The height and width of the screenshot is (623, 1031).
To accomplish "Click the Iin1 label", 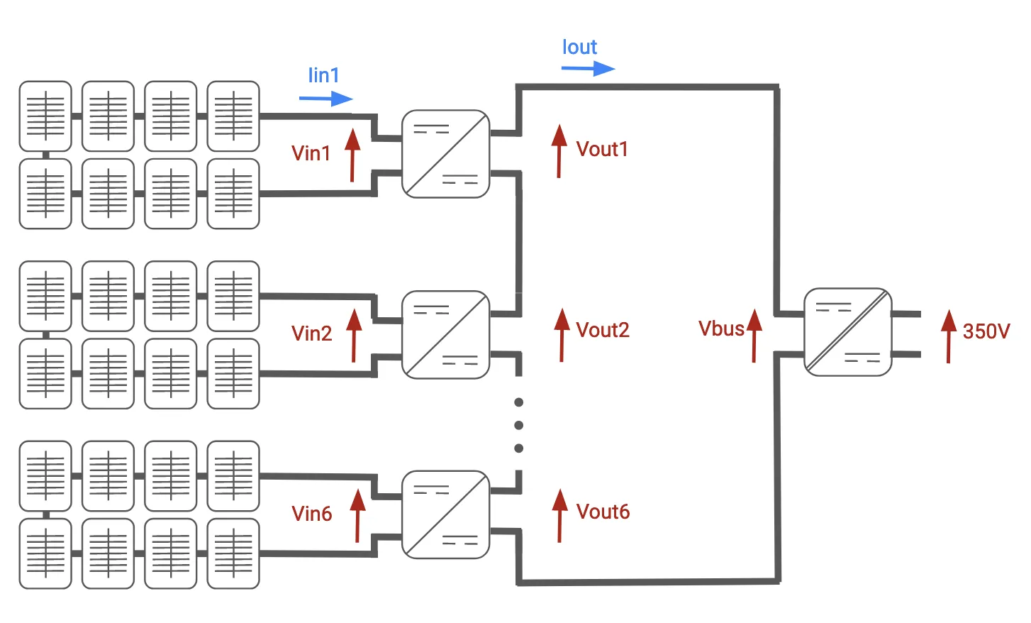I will [323, 75].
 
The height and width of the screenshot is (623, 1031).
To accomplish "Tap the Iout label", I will [579, 48].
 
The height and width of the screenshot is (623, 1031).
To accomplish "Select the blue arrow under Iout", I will [588, 69].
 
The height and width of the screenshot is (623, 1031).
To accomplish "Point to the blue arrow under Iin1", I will [325, 99].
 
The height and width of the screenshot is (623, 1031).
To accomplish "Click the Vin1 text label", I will [311, 153].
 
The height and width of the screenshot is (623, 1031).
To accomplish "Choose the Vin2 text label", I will [311, 333].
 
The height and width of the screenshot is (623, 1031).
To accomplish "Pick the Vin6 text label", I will [311, 514].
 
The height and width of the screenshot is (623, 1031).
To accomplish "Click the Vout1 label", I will [602, 149].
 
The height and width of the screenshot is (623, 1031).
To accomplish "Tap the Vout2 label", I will [603, 330].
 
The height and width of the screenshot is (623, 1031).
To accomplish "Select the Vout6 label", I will [603, 512].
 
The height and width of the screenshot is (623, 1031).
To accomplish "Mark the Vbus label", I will [721, 329].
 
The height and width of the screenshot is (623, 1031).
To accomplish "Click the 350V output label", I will [986, 331].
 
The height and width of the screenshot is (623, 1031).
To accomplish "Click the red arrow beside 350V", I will [949, 336].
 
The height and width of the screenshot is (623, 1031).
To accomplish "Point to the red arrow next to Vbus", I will [754, 336].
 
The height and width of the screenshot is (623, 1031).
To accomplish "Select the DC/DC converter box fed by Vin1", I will [445, 154].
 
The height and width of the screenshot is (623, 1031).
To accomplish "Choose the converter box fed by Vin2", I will [445, 334].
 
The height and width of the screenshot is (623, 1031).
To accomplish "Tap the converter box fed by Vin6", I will [445, 514].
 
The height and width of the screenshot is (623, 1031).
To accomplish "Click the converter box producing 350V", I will [847, 331].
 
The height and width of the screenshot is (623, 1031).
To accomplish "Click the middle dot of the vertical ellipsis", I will [519, 425].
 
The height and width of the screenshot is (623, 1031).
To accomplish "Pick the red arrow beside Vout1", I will [559, 151].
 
